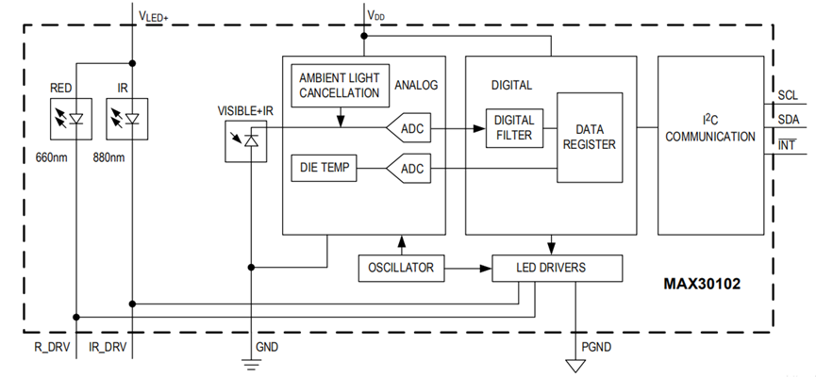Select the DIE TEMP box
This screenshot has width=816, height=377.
(x=325, y=169)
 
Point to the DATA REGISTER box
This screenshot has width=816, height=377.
(x=590, y=137)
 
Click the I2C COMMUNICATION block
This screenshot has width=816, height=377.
(x=710, y=129)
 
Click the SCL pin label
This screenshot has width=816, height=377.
(x=790, y=95)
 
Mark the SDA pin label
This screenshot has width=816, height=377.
(x=790, y=120)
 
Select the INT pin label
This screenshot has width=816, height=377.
(x=790, y=144)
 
